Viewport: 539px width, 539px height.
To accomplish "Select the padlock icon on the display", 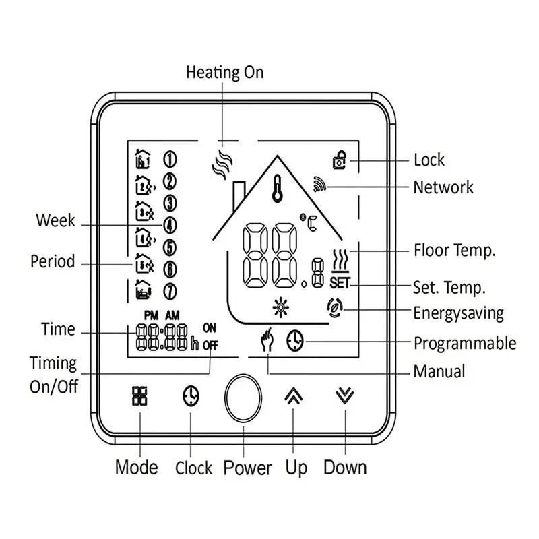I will tap(340, 160).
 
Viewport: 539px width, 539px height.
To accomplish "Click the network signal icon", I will tap(318, 184).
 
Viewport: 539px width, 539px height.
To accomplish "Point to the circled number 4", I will tap(170, 224).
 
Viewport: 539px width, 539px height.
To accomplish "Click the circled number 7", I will tap(170, 292).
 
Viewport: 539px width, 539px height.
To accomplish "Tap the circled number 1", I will tap(170, 159).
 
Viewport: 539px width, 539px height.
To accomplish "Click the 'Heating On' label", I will tap(225, 72).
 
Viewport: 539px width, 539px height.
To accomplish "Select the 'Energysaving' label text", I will tap(458, 313).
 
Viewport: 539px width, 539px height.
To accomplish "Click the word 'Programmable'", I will tap(465, 343).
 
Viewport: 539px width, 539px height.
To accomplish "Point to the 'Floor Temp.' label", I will tap(455, 251).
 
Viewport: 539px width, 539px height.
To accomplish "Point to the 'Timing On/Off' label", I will tap(54, 375).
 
